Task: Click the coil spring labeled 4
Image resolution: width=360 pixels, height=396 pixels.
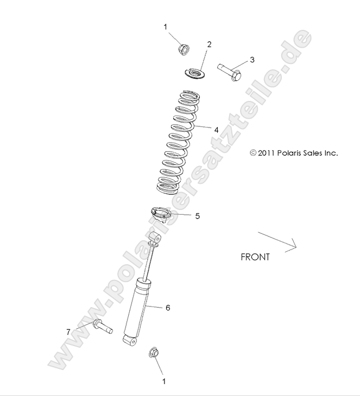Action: coord(175,143)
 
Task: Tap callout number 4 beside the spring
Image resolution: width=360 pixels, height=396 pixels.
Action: coord(216,130)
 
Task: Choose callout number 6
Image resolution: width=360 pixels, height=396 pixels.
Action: coord(168,308)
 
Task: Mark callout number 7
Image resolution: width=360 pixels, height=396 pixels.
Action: coord(68,331)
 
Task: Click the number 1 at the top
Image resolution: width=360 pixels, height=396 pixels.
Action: coord(166,26)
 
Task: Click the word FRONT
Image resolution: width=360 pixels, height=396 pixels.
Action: coord(255,257)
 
